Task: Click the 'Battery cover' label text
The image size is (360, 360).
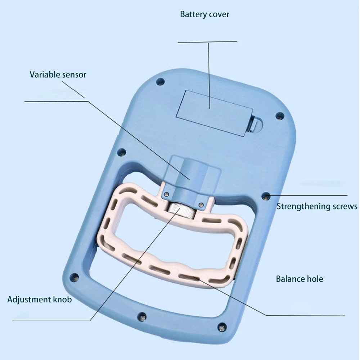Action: (x=204, y=15)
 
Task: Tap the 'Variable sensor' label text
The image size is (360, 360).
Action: (x=58, y=75)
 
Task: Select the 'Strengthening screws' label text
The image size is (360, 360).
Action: (x=317, y=206)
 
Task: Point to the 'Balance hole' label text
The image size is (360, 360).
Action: (x=300, y=279)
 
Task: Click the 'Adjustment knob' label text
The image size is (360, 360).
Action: (x=40, y=300)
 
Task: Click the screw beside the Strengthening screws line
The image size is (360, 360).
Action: (x=266, y=196)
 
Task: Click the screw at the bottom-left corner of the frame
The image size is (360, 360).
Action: (x=75, y=277)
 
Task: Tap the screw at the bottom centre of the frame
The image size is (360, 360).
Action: (x=142, y=317)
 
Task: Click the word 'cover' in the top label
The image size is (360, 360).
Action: (x=218, y=15)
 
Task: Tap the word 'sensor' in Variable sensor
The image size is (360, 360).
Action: (x=74, y=75)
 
